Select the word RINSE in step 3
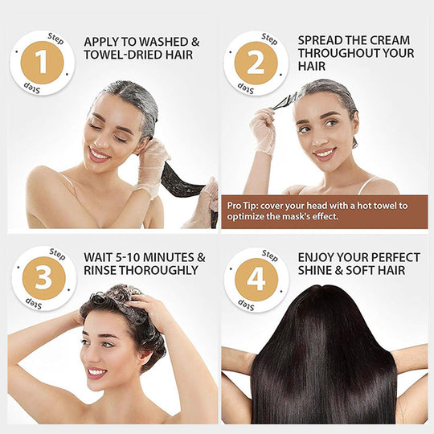(x=103, y=271)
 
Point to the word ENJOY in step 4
(x=318, y=257)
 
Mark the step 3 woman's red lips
(x=97, y=372)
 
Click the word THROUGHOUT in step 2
(x=338, y=54)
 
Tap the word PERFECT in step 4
(x=393, y=257)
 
